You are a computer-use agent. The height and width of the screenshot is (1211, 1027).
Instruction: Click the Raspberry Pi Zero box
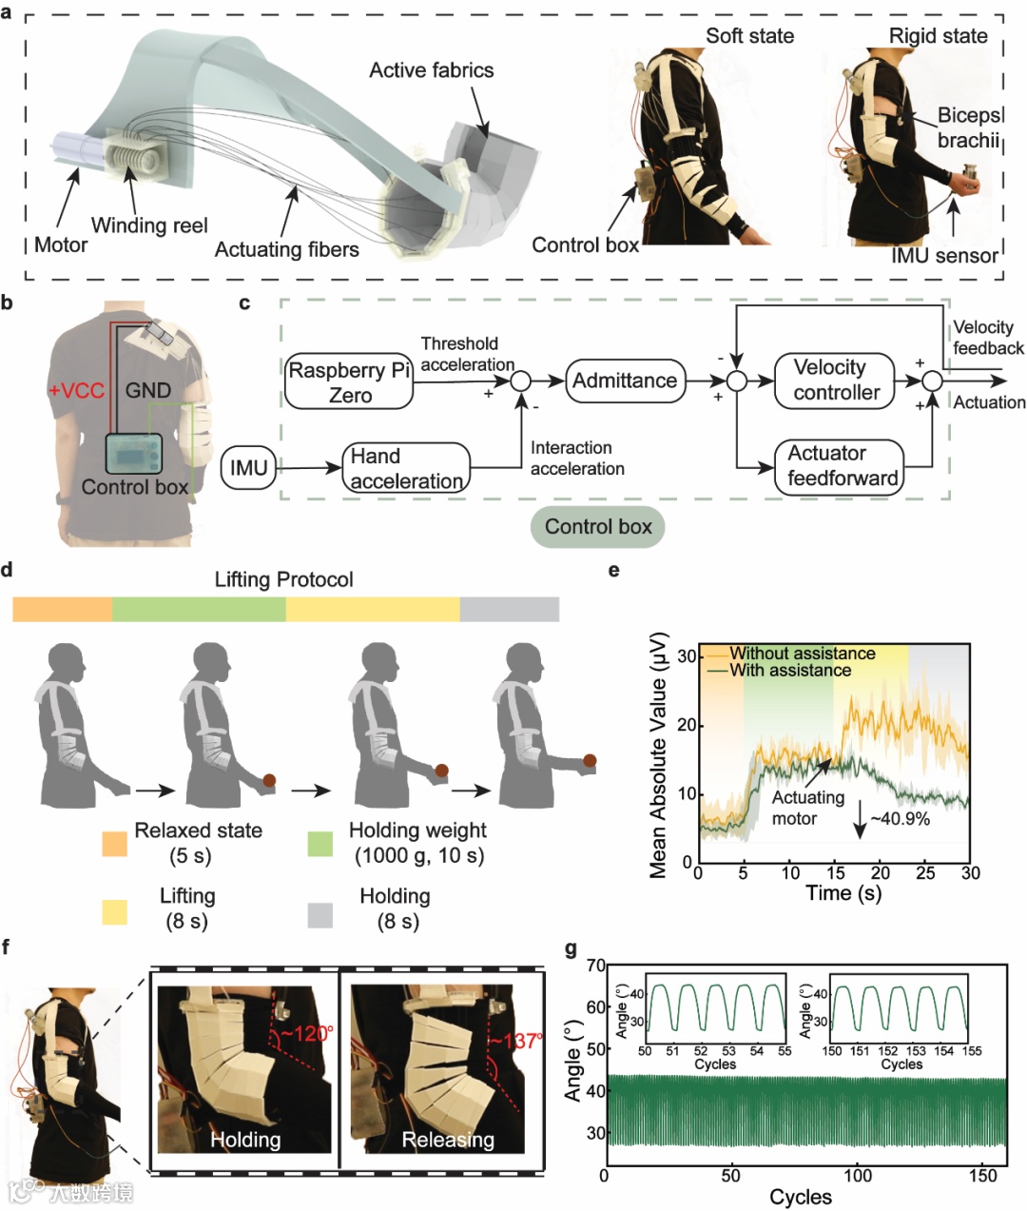click(349, 382)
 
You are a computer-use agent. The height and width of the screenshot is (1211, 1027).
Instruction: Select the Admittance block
click(625, 381)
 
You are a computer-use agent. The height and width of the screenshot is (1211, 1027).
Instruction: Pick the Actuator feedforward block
click(841, 465)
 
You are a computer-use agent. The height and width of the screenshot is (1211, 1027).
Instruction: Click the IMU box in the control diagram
click(249, 468)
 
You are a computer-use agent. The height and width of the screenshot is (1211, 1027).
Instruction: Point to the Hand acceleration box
click(406, 468)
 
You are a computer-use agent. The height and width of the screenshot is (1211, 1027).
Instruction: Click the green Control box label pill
click(597, 527)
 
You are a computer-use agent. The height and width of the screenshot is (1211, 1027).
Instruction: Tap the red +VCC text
click(76, 390)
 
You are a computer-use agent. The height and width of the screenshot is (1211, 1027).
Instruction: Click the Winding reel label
click(149, 225)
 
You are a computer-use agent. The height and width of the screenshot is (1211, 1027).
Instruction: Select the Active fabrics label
click(431, 70)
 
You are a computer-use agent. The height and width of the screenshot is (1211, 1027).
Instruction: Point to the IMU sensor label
click(944, 255)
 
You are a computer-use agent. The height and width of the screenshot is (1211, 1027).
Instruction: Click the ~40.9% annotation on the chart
click(900, 818)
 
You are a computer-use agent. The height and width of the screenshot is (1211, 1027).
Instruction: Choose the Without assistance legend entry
click(802, 654)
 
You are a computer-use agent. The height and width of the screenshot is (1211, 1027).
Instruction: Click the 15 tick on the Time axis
click(835, 873)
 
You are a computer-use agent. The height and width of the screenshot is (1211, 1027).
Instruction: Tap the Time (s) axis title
click(843, 893)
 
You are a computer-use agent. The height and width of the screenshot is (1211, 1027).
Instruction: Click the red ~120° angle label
click(306, 1032)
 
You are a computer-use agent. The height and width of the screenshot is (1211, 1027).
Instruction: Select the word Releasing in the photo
click(448, 1140)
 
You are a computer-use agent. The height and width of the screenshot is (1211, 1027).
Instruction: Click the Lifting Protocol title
click(283, 579)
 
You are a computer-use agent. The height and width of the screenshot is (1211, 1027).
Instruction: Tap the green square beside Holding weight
click(320, 843)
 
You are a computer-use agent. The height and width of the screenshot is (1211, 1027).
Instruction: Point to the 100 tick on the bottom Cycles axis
click(858, 1176)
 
